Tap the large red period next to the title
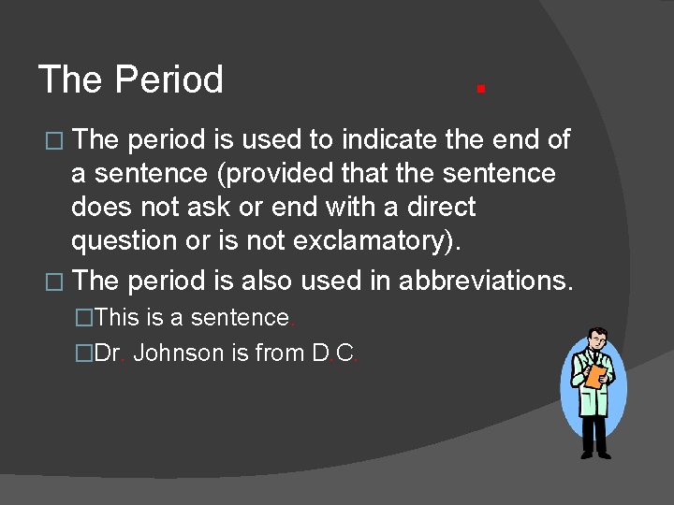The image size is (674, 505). [479, 89]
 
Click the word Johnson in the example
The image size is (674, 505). [179, 353]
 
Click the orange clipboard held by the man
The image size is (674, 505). [594, 376]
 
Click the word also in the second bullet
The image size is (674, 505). [269, 280]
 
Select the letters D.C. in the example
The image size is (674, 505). [335, 353]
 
